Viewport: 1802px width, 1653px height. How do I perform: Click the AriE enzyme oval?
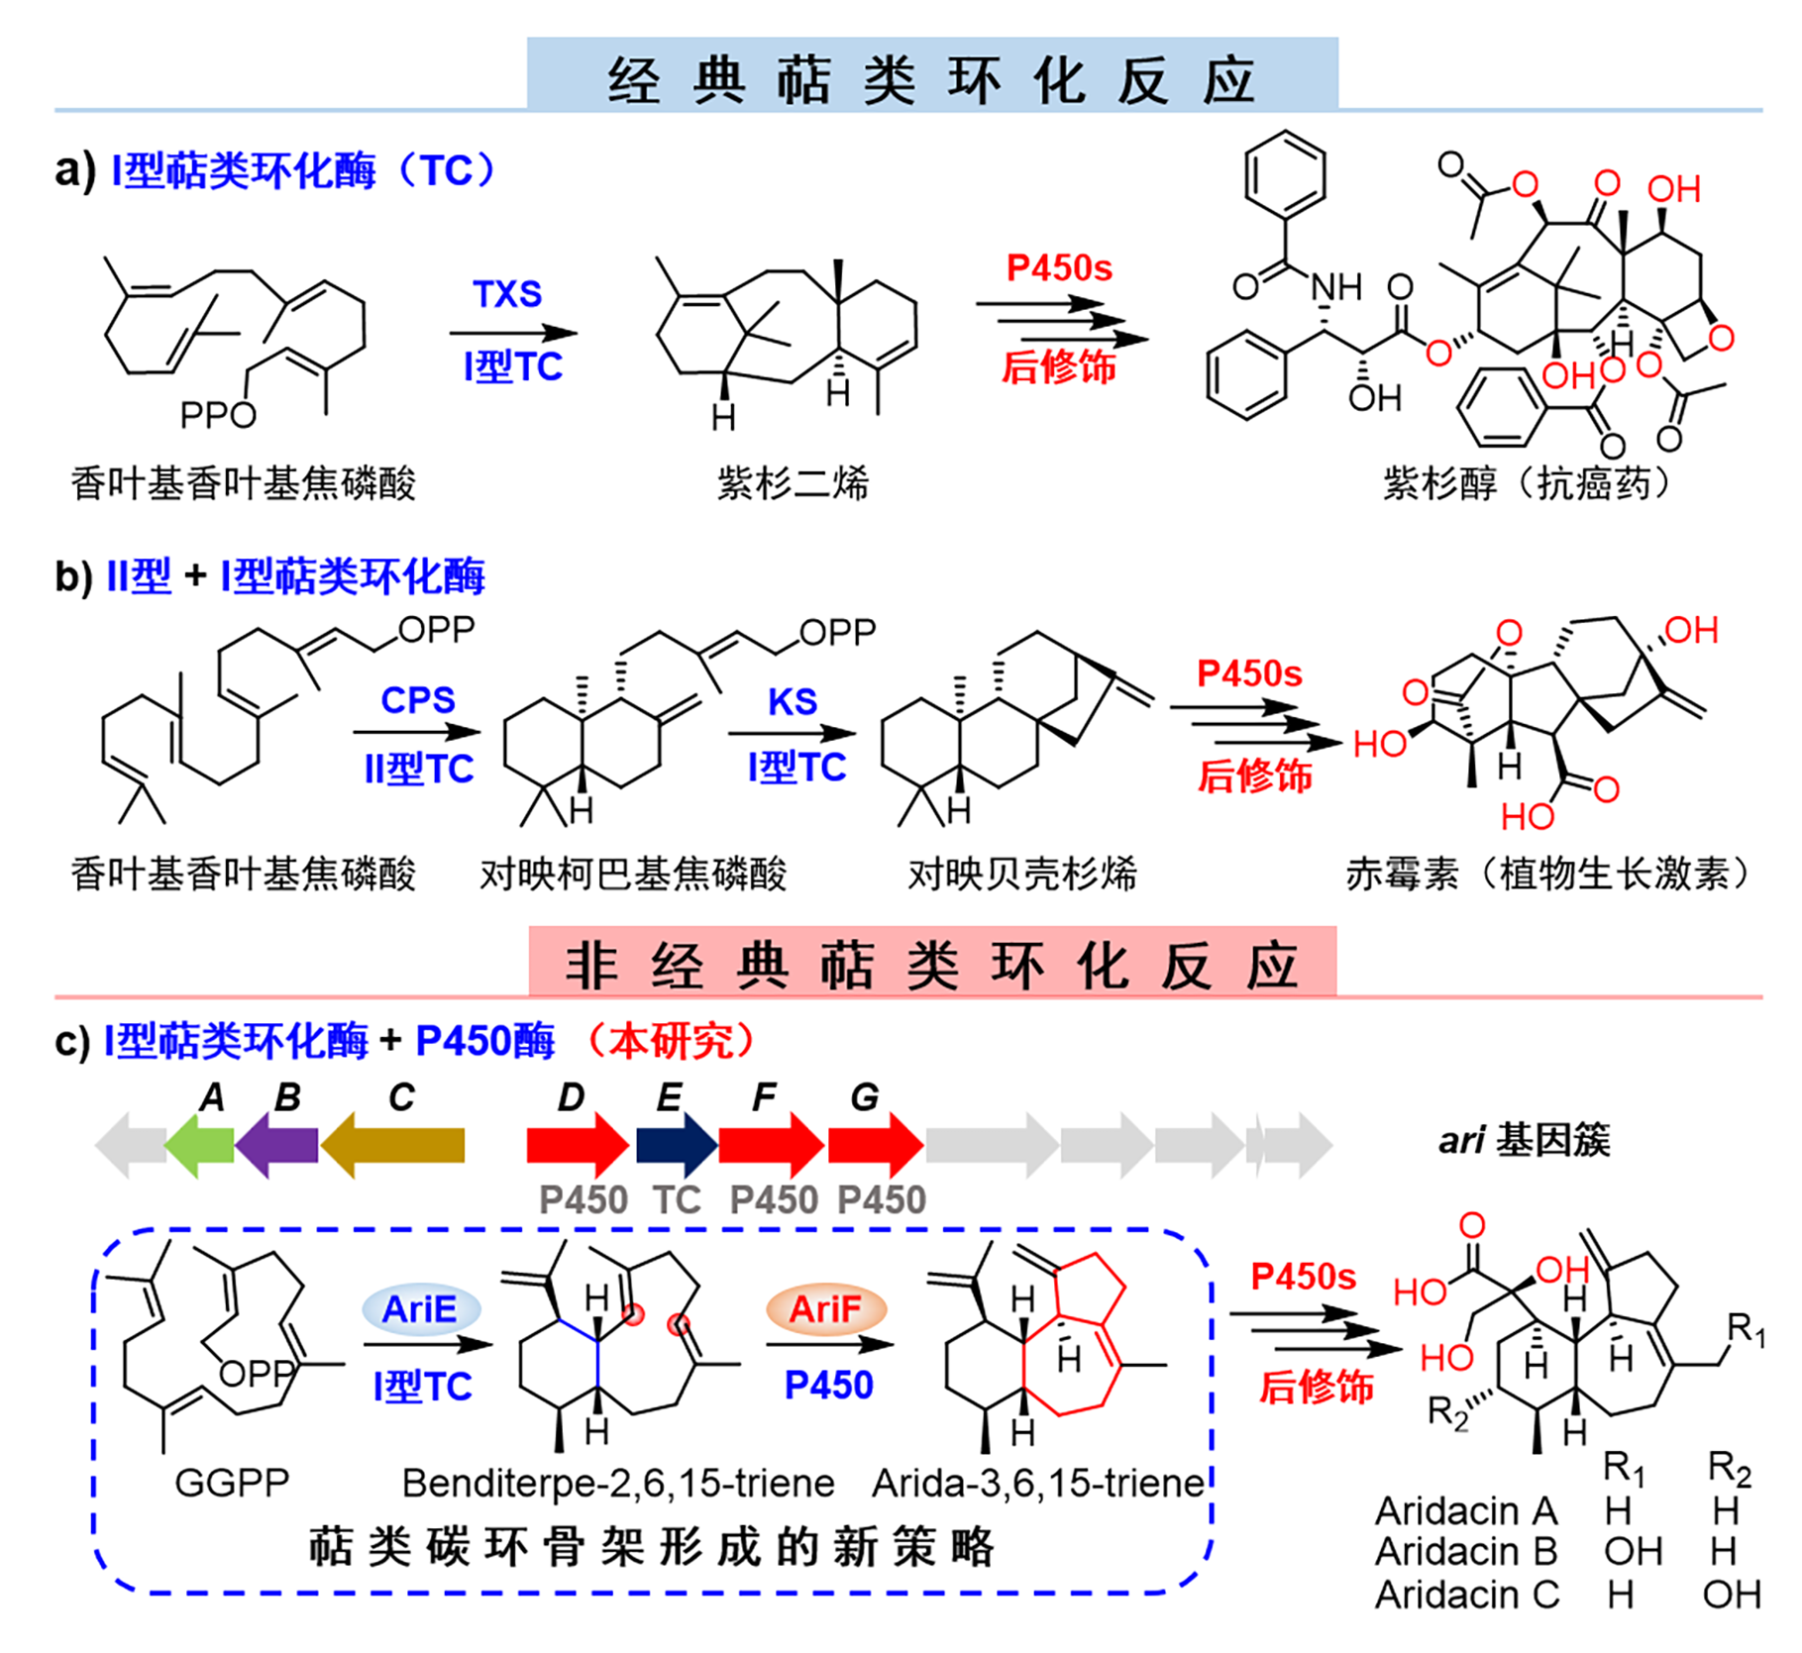(x=421, y=1309)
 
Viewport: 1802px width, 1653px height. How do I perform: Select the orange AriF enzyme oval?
(x=825, y=1309)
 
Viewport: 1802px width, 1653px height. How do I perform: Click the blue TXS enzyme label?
(x=507, y=294)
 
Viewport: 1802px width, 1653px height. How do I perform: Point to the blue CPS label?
(x=417, y=700)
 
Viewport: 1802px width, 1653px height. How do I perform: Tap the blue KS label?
(x=793, y=701)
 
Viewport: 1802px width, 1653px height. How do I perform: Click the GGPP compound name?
(x=232, y=1483)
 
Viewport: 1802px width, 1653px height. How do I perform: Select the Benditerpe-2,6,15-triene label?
(x=618, y=1483)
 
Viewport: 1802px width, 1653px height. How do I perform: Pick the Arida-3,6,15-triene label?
(x=1037, y=1483)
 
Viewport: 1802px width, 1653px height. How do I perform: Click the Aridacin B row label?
(x=1466, y=1551)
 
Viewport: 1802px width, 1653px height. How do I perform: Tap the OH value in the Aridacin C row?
(x=1731, y=1595)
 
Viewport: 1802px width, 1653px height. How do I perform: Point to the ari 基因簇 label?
(x=1524, y=1140)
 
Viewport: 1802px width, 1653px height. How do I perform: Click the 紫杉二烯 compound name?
(x=793, y=484)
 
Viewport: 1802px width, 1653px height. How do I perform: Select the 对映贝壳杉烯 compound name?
(x=1022, y=874)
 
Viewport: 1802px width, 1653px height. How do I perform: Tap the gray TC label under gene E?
(x=677, y=1200)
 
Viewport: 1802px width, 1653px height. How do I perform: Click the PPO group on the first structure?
(x=218, y=414)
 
